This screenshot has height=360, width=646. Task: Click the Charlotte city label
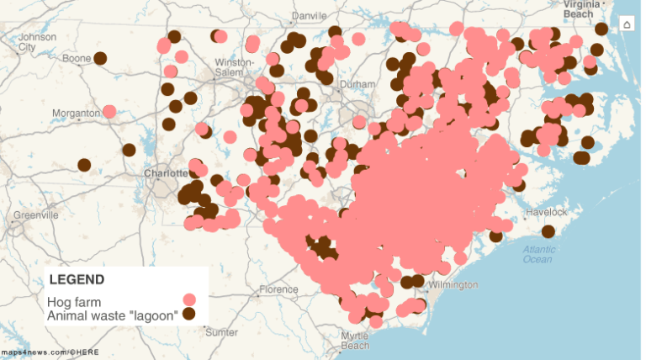click(x=167, y=173)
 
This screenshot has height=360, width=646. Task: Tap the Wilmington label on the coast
click(x=453, y=284)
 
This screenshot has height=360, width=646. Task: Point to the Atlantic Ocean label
click(x=537, y=254)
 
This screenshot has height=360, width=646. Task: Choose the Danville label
click(x=310, y=16)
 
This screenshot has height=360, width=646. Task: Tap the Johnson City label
click(x=37, y=41)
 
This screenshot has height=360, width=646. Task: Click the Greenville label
click(x=36, y=214)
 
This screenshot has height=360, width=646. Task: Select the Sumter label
click(x=221, y=332)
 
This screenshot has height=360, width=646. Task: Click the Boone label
click(x=77, y=58)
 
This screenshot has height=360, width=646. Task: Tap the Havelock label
click(x=547, y=212)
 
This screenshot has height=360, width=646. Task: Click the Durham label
click(x=357, y=84)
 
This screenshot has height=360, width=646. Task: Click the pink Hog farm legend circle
click(x=189, y=299)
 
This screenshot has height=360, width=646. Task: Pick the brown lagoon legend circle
click(x=189, y=314)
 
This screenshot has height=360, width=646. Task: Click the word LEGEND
click(x=77, y=279)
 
